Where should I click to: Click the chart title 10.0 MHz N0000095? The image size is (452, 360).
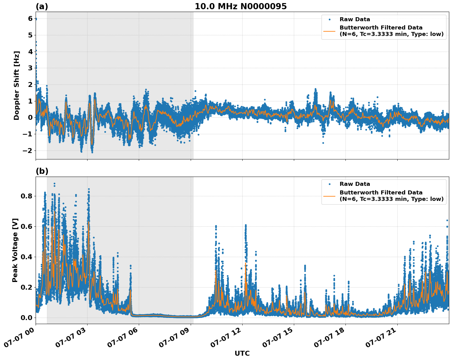click(x=240, y=6)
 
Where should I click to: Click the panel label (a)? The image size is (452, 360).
click(x=42, y=6)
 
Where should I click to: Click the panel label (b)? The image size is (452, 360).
click(x=42, y=171)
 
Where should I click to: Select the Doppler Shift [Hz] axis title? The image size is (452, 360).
click(x=17, y=85)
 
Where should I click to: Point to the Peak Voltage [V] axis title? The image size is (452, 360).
click(x=15, y=250)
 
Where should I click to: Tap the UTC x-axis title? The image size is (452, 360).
click(x=242, y=353)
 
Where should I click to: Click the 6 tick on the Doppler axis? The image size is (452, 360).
click(x=30, y=19)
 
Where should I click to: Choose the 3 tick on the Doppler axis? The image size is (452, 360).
click(x=30, y=68)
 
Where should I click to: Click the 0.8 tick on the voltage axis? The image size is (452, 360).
click(x=26, y=196)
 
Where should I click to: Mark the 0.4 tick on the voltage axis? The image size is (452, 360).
click(x=26, y=257)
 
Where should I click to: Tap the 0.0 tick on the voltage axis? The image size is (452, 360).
click(x=26, y=318)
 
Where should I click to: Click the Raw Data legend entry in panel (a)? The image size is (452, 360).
click(x=355, y=19)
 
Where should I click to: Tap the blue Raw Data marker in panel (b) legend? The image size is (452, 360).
click(x=329, y=184)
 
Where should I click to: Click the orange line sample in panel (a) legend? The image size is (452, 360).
click(x=329, y=31)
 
